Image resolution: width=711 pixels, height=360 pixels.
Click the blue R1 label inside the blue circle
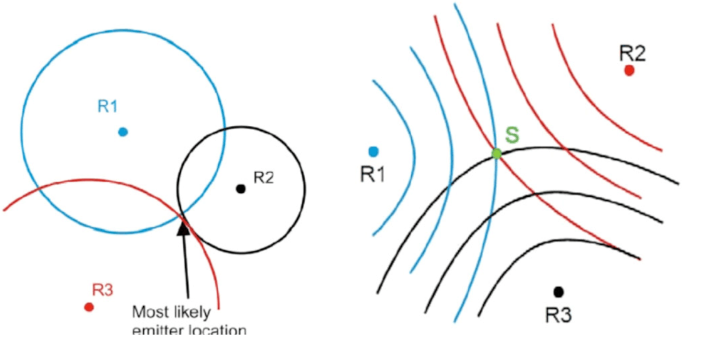coord(107,107)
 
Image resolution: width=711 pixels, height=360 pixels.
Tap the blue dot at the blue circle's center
coord(123,132)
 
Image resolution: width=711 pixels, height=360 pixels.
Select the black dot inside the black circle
coord(241,189)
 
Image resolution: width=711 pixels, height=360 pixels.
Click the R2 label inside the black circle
coord(264,178)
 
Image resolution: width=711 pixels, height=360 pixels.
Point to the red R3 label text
coord(103,290)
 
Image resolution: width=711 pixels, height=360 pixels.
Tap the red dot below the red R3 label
coord(89,307)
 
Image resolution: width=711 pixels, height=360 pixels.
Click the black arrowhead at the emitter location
coord(183,228)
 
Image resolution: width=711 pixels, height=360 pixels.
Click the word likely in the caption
coord(192,312)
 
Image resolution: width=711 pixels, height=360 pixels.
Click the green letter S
coord(513,135)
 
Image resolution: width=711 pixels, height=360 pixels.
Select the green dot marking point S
coord(496,154)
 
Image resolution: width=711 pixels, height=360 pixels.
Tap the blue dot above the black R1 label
coord(374,152)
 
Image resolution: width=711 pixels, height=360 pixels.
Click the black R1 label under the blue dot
coord(372,174)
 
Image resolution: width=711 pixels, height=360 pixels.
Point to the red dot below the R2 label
coord(629,70)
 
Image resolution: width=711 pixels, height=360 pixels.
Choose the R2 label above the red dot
coord(632,54)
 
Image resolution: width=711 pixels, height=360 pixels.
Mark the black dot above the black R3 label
coord(558,292)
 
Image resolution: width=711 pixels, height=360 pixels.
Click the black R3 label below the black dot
coord(558,315)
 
